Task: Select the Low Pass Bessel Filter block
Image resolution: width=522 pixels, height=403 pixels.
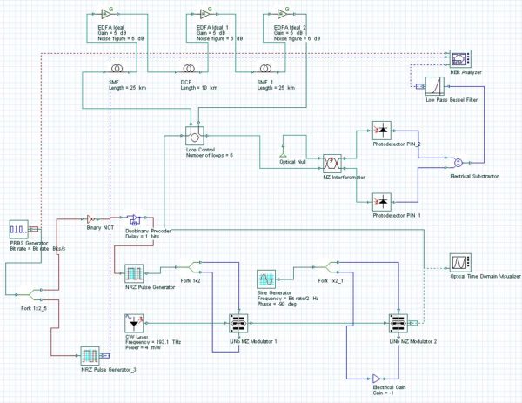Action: (x=433, y=88)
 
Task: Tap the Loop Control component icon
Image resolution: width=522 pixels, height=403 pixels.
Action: (x=196, y=138)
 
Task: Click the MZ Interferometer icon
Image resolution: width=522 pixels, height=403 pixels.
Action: (x=331, y=163)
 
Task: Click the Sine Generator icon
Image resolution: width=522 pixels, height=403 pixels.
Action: (x=266, y=279)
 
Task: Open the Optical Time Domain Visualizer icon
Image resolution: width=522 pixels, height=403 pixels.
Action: (x=458, y=262)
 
